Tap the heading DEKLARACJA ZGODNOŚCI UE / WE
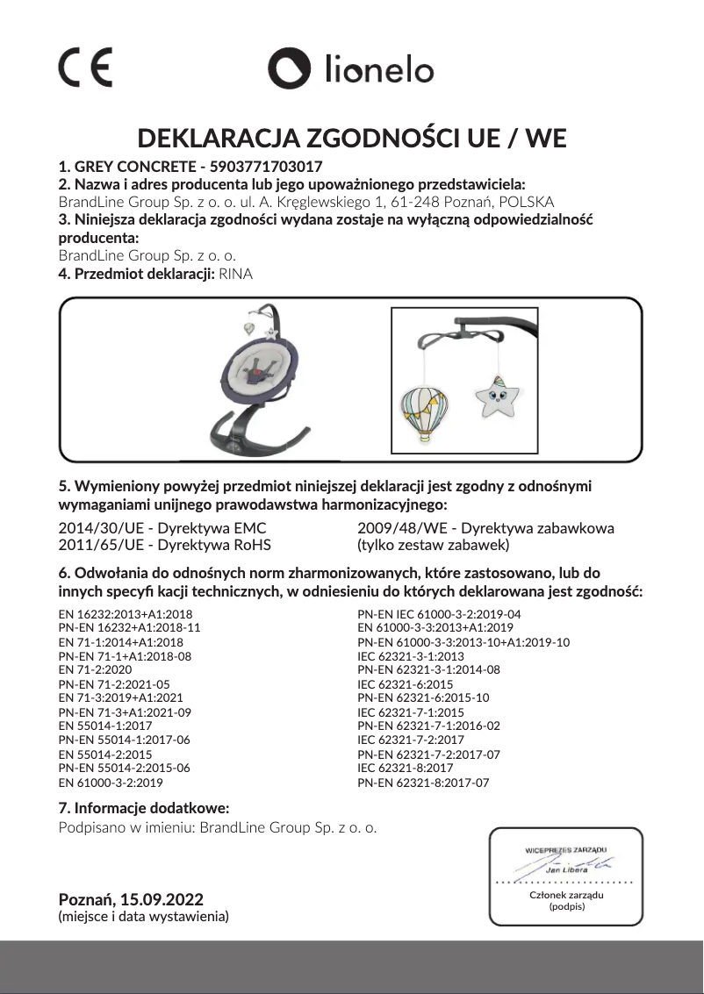click(352, 139)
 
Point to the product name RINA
click(236, 274)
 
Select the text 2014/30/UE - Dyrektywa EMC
click(162, 528)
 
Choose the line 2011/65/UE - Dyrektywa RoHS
click(164, 545)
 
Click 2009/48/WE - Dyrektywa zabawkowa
click(485, 528)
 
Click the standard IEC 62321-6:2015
click(405, 683)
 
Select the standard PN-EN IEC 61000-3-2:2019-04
click(439, 614)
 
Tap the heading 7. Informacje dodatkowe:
click(143, 807)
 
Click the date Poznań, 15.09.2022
click(130, 900)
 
